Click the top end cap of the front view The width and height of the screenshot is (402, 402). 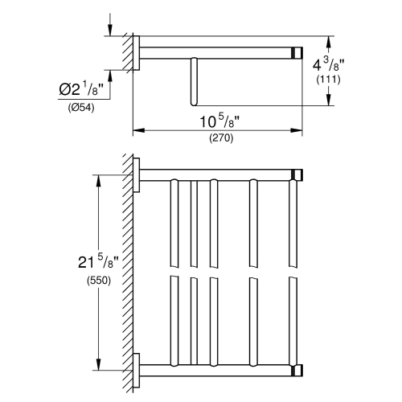pos(298,175)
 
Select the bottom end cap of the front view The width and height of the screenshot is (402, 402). pos(298,369)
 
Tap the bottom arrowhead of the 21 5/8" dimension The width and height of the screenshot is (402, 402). pos(98,366)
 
